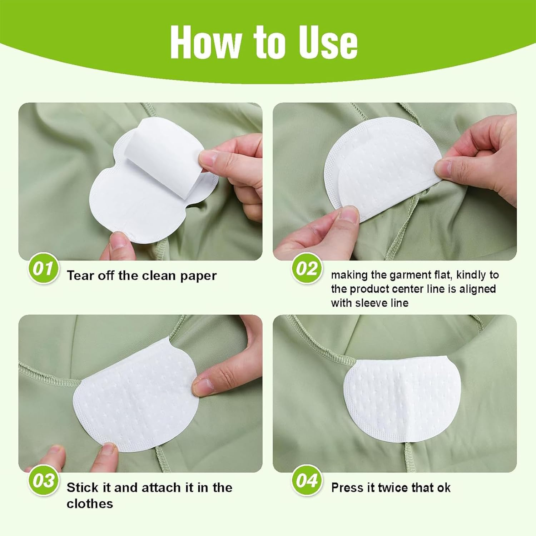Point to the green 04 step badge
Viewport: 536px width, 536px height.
point(306,481)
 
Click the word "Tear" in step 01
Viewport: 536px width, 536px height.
point(80,276)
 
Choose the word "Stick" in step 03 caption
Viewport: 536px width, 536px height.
point(82,487)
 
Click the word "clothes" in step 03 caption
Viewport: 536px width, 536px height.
point(89,503)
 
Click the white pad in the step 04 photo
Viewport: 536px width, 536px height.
point(400,400)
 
